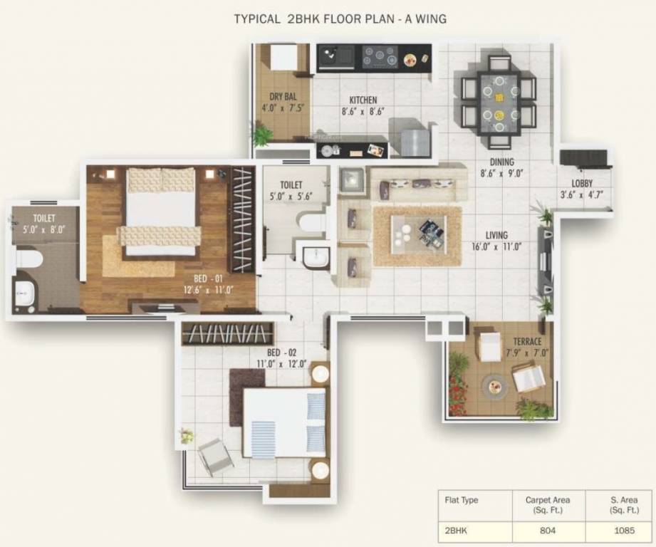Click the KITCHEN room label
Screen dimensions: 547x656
[363, 100]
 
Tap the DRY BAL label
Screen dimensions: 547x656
[283, 97]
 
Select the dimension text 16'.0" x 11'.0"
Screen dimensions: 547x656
[497, 247]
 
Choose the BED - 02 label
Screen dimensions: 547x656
[282, 353]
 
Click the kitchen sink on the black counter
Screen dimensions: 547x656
[335, 56]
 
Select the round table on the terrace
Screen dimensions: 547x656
[493, 385]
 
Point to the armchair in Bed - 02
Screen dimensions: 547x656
[212, 454]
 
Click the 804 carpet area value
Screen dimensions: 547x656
[547, 531]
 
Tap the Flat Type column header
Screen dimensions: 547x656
[462, 500]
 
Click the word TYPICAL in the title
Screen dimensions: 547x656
[256, 19]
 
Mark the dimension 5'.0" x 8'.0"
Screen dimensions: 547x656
[44, 229]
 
